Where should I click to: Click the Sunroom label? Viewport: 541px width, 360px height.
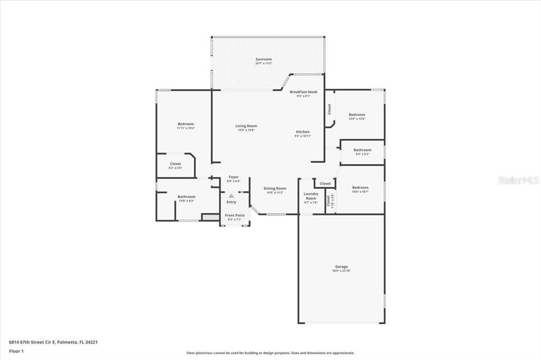tap(264, 60)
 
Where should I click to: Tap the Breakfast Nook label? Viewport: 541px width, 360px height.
tap(303, 92)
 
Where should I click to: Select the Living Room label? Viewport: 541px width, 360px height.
tap(246, 126)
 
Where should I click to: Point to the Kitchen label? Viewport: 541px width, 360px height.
tap(303, 132)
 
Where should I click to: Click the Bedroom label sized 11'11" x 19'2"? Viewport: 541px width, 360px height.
tap(185, 124)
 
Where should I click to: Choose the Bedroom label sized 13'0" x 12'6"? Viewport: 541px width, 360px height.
tap(357, 115)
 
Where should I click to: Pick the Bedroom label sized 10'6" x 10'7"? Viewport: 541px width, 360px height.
tap(360, 187)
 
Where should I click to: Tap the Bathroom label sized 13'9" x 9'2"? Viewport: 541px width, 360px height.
tap(186, 197)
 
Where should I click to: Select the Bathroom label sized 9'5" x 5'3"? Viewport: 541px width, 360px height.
tap(362, 150)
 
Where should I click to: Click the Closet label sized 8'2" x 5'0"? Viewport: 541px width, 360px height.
tap(175, 164)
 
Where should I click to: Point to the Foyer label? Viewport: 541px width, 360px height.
tap(234, 177)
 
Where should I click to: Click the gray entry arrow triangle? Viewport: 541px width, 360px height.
tap(231, 195)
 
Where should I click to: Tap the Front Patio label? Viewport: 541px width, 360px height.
tap(235, 215)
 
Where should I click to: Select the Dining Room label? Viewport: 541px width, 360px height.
tap(275, 188)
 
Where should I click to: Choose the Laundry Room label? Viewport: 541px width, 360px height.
tap(311, 196)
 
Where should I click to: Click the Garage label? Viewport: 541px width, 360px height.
tap(341, 267)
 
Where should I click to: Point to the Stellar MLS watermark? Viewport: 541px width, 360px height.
tap(518, 180)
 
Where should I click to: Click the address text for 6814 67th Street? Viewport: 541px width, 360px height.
tap(53, 342)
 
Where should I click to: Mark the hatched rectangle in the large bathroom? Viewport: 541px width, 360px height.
tap(211, 216)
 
